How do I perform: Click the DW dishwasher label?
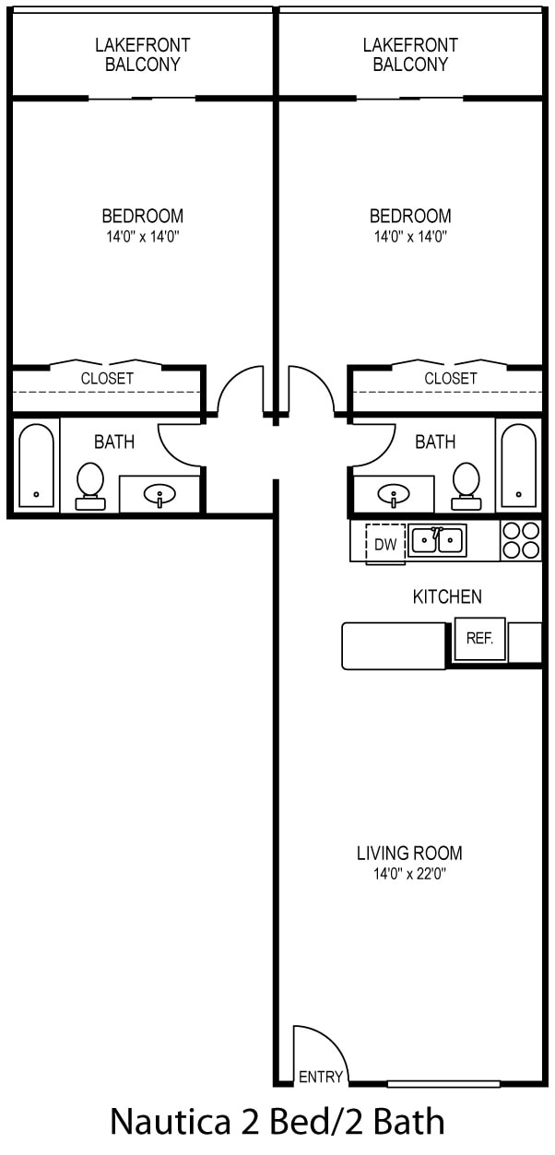(x=385, y=545)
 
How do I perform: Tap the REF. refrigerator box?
(x=479, y=639)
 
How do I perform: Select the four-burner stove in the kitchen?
(x=521, y=540)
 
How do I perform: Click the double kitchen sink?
(x=437, y=540)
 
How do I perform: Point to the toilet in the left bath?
(x=90, y=486)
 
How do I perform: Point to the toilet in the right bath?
(x=466, y=486)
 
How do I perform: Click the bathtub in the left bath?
(x=36, y=466)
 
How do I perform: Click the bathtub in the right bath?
(x=519, y=466)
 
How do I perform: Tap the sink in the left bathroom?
(x=159, y=496)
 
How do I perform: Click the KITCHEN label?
(x=447, y=596)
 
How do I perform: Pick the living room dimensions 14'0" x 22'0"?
(x=409, y=874)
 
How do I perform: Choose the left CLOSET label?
(x=107, y=379)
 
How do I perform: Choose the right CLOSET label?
(x=450, y=379)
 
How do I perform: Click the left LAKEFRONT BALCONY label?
(x=142, y=54)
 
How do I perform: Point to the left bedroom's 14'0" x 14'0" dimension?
(x=142, y=237)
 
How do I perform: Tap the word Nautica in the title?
(x=171, y=1122)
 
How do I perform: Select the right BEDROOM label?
(x=410, y=216)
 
